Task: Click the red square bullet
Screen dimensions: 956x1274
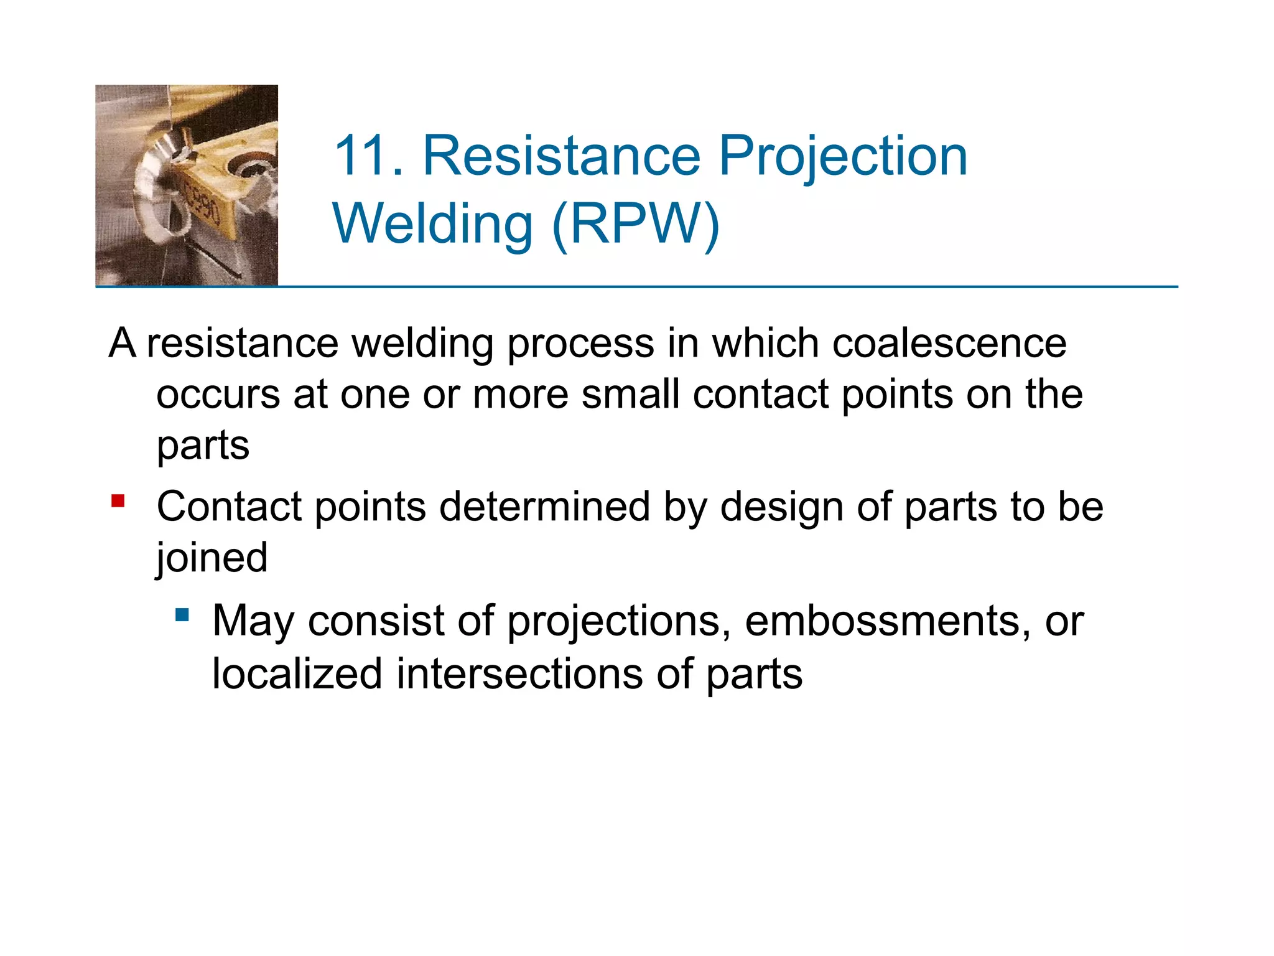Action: click(118, 501)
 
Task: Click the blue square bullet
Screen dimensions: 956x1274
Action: click(182, 616)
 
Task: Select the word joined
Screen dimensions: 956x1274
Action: click(212, 557)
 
